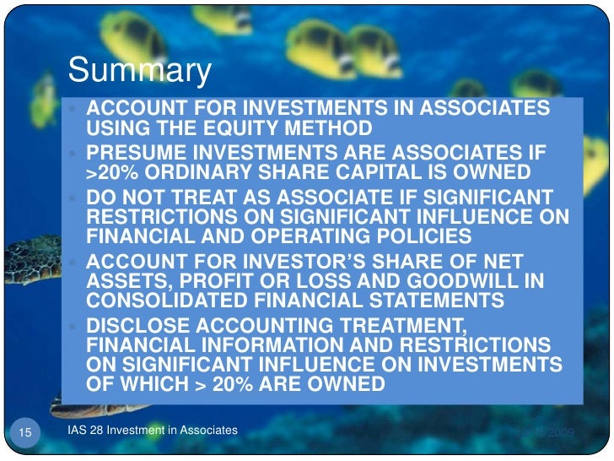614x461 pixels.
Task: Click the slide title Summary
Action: [139, 71]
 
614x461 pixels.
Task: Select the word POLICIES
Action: [404, 236]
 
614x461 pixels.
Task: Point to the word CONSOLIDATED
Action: [159, 301]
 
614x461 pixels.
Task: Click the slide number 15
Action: [24, 433]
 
